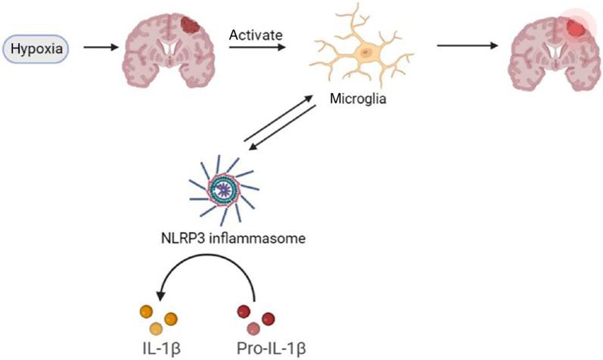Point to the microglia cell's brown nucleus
click(366, 52)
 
